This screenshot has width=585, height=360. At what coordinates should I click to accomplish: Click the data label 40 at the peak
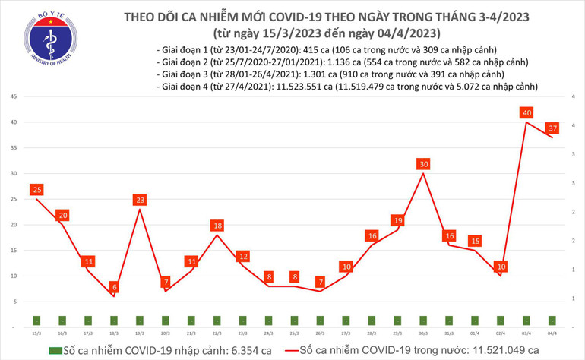[526, 113]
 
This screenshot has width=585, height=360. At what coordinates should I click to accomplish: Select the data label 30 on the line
[424, 164]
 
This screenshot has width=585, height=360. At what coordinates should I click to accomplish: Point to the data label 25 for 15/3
[36, 189]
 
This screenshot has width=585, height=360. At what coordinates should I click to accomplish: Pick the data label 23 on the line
[140, 200]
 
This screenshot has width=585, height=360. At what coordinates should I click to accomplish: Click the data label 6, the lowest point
[114, 287]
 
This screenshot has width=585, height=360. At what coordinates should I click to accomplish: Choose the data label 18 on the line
[217, 226]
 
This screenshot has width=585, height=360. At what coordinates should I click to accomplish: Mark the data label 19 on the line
[398, 220]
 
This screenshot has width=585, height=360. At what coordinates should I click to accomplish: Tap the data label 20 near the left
[62, 215]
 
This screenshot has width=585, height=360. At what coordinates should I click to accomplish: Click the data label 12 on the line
[243, 256]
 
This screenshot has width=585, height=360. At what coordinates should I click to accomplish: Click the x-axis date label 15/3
[36, 333]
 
